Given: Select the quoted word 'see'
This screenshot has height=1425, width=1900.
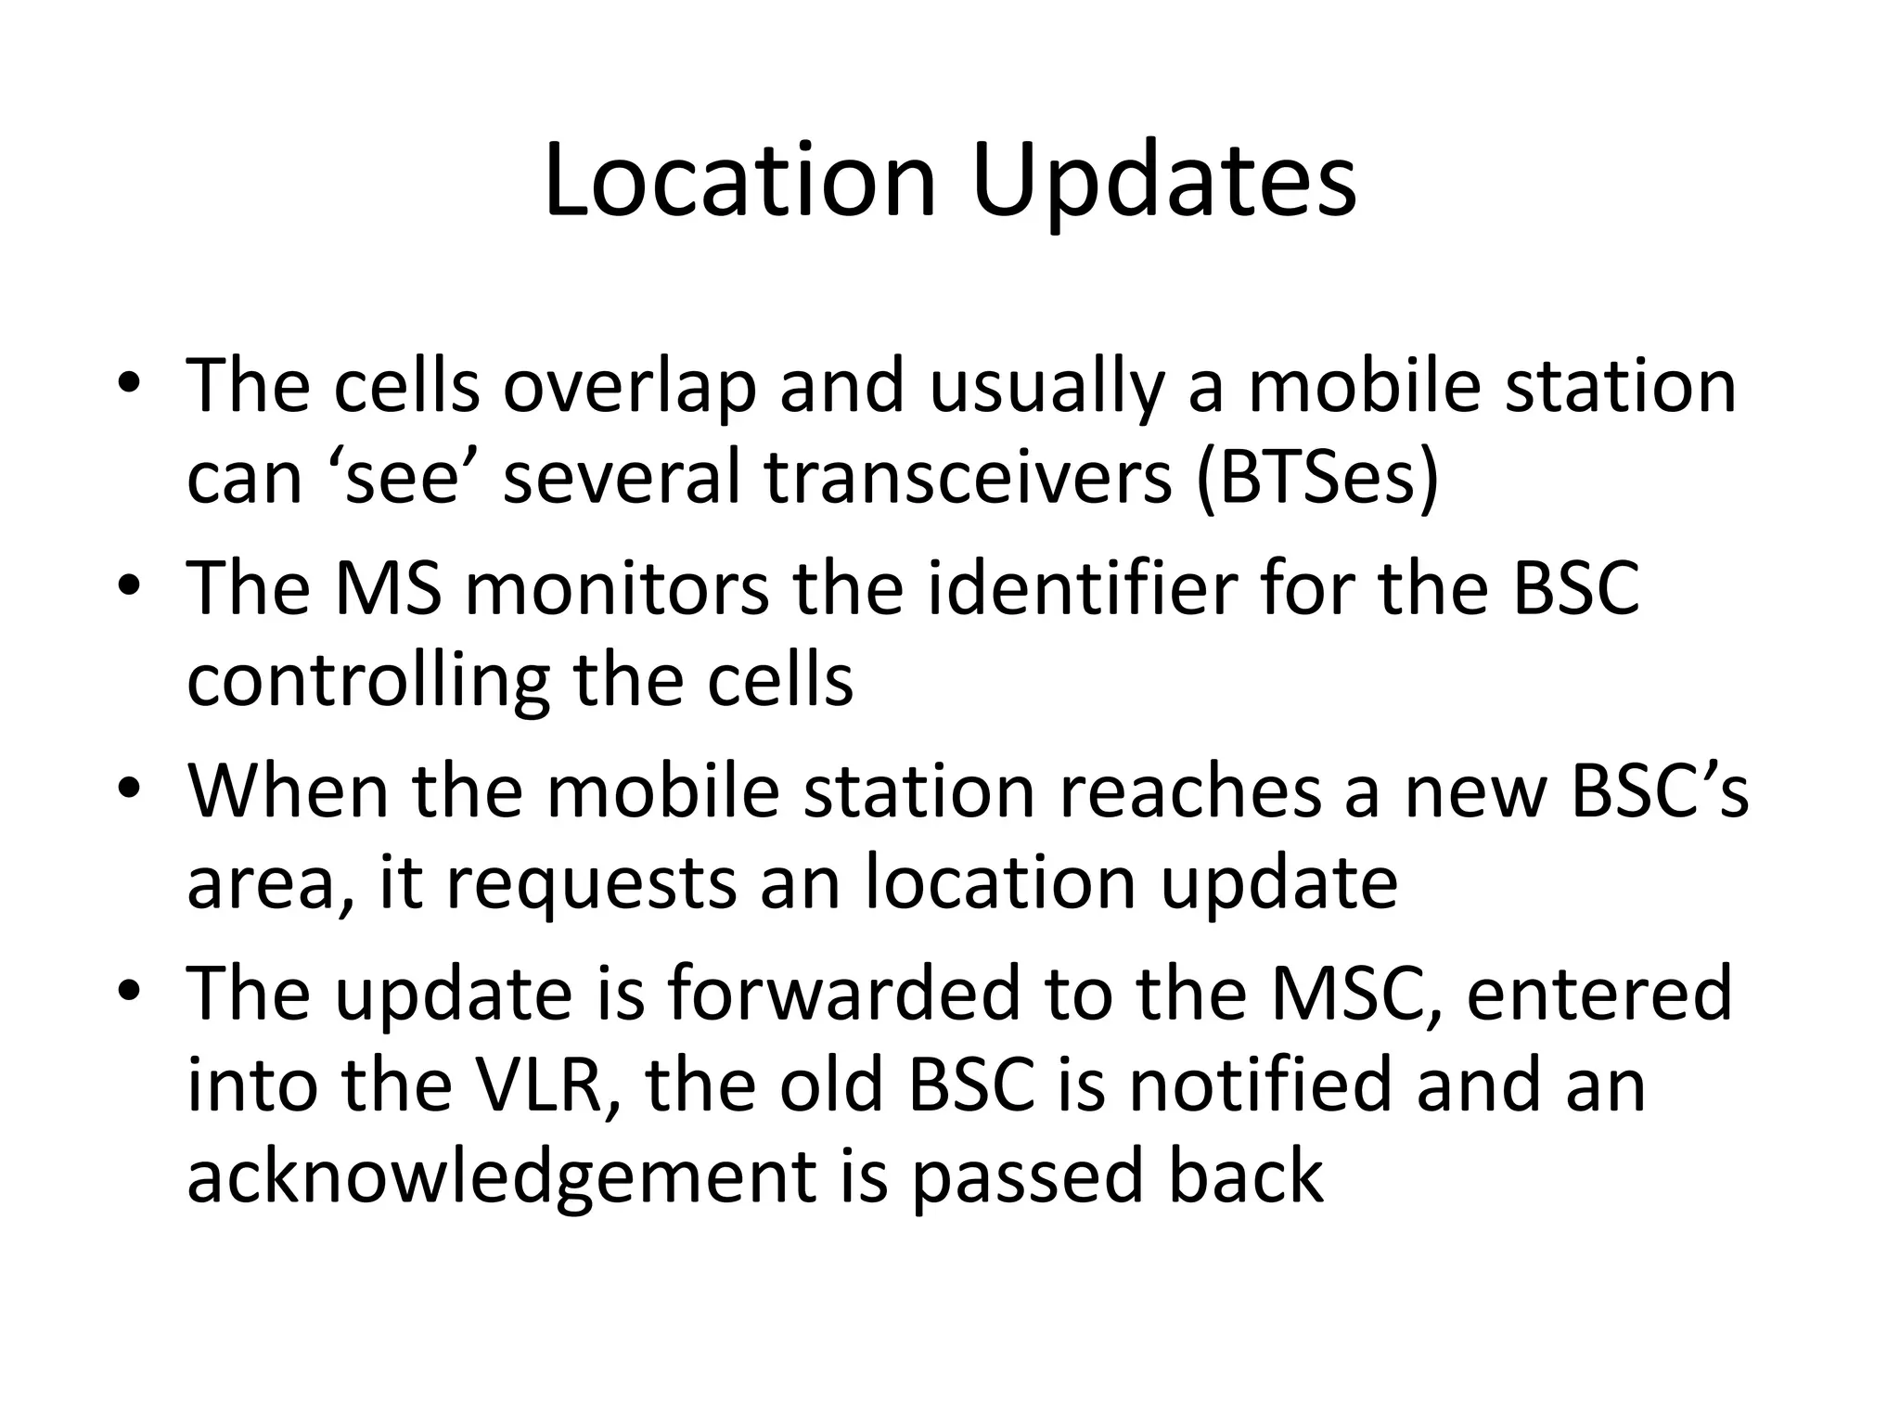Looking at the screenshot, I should [x=404, y=480].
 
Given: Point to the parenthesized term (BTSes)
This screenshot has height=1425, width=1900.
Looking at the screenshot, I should [x=1317, y=480].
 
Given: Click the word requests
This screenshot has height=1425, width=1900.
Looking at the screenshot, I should [x=594, y=883].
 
